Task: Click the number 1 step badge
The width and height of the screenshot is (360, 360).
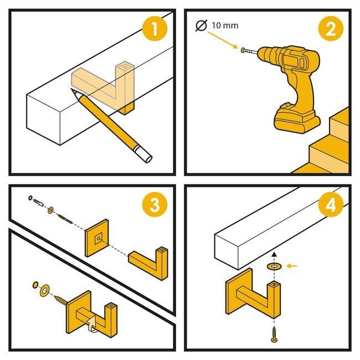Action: (x=155, y=29)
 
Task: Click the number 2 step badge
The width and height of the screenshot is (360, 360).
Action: (x=331, y=29)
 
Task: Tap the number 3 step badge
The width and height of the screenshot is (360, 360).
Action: (x=155, y=204)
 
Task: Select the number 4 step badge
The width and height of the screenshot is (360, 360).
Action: (x=331, y=204)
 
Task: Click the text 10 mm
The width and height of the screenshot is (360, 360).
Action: (x=225, y=25)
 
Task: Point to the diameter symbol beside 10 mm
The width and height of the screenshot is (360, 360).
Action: (x=202, y=25)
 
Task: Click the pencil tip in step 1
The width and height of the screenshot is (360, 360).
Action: (x=73, y=91)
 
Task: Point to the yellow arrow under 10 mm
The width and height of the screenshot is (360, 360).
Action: (x=223, y=40)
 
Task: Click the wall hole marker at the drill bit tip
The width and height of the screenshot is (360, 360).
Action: (x=243, y=50)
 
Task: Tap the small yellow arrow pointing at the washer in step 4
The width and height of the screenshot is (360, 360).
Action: (x=292, y=266)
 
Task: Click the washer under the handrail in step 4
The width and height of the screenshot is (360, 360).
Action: (x=274, y=266)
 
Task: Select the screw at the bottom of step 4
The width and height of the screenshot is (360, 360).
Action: (x=274, y=335)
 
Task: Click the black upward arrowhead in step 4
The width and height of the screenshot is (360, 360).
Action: (x=274, y=254)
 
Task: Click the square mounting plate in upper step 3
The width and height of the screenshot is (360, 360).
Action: (x=97, y=238)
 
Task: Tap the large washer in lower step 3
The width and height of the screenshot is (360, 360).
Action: (x=44, y=291)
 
